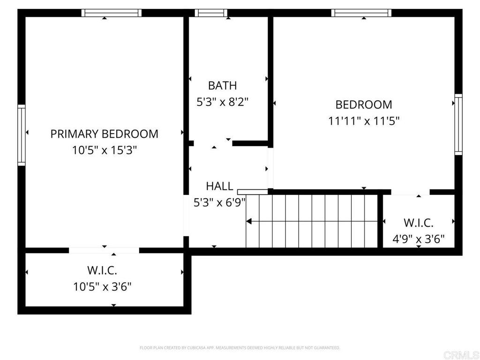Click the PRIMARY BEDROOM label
[x=104, y=134]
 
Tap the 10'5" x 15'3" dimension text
[x=105, y=150]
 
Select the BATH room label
[x=223, y=85]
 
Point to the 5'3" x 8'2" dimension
[x=222, y=102]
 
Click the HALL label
[x=219, y=186]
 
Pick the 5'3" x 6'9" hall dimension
[x=219, y=202]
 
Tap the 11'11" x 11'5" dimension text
[x=364, y=120]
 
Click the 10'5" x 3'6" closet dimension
[x=102, y=287]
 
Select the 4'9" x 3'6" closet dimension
[x=419, y=239]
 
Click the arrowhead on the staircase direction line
[x=249, y=221]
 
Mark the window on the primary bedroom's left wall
[x=21, y=135]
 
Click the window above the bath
[x=211, y=13]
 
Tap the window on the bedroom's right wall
[x=458, y=124]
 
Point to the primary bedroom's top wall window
[x=112, y=13]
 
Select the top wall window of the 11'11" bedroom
[x=361, y=13]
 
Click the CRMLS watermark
[x=461, y=355]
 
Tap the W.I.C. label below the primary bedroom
[x=102, y=270]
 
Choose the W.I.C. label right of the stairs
[x=419, y=223]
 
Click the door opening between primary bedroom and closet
[x=104, y=250]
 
